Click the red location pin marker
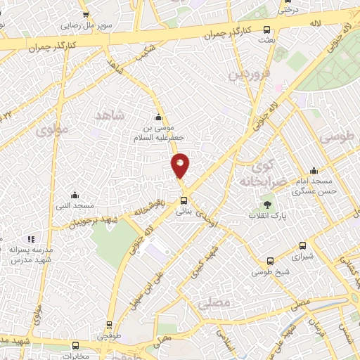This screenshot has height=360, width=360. [x=181, y=166]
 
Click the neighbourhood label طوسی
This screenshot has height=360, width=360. [x=336, y=136]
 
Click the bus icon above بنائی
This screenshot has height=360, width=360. [x=184, y=199]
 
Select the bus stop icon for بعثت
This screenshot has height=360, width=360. [x=266, y=30]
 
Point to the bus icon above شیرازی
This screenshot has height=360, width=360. [x=303, y=246]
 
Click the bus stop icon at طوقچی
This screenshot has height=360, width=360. [x=109, y=325]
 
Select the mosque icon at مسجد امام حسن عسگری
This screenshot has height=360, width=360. [x=315, y=171]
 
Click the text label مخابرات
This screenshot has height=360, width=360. [x=75, y=355]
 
